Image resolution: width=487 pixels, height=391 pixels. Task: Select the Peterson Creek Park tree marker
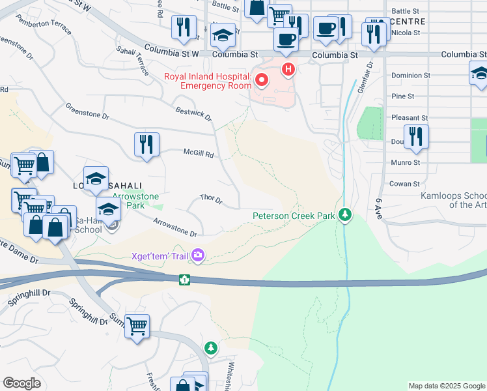pyautogui.click(x=345, y=214)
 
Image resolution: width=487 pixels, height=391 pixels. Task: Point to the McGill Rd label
pyautogui.click(x=197, y=154)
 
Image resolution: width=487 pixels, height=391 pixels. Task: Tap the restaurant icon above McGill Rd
pyautogui.click(x=147, y=144)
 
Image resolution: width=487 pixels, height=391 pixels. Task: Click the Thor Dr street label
pyautogui.click(x=212, y=198)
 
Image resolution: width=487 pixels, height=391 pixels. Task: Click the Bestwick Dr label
pyautogui.click(x=194, y=113)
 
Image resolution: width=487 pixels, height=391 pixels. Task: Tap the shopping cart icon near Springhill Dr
pyautogui.click(x=137, y=326)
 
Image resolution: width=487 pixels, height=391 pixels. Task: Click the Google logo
pyautogui.click(x=22, y=383)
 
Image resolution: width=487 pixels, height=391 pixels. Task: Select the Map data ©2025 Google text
pyautogui.click(x=447, y=386)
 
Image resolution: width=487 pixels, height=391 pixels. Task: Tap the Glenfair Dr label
pyautogui.click(x=369, y=76)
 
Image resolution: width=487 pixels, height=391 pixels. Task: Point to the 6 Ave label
pyautogui.click(x=378, y=208)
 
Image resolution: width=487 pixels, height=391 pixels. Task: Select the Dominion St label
pyautogui.click(x=411, y=76)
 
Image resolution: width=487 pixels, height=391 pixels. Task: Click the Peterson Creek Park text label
pyautogui.click(x=294, y=215)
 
